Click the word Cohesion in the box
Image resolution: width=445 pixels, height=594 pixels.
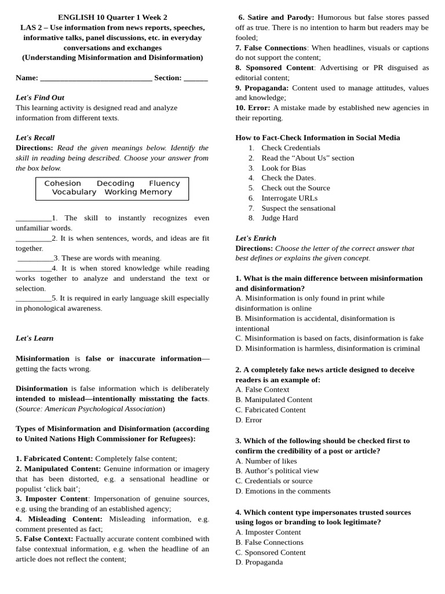63,183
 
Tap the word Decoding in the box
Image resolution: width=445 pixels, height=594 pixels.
115,183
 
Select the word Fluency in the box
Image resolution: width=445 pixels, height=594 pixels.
165,183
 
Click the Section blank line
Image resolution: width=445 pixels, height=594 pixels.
196,78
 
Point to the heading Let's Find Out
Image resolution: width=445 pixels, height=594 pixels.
40,97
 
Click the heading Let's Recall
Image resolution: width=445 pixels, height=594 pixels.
35,137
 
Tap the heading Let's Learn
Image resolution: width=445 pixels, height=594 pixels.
35,338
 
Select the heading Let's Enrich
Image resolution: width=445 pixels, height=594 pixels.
256,238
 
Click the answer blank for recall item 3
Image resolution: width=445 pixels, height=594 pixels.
35,258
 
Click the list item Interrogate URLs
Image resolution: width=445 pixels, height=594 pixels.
290,198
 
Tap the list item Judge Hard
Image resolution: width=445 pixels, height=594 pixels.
280,218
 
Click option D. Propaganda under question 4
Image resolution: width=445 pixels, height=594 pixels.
259,562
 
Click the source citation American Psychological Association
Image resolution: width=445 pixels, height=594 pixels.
104,408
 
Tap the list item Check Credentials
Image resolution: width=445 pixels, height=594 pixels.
291,148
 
